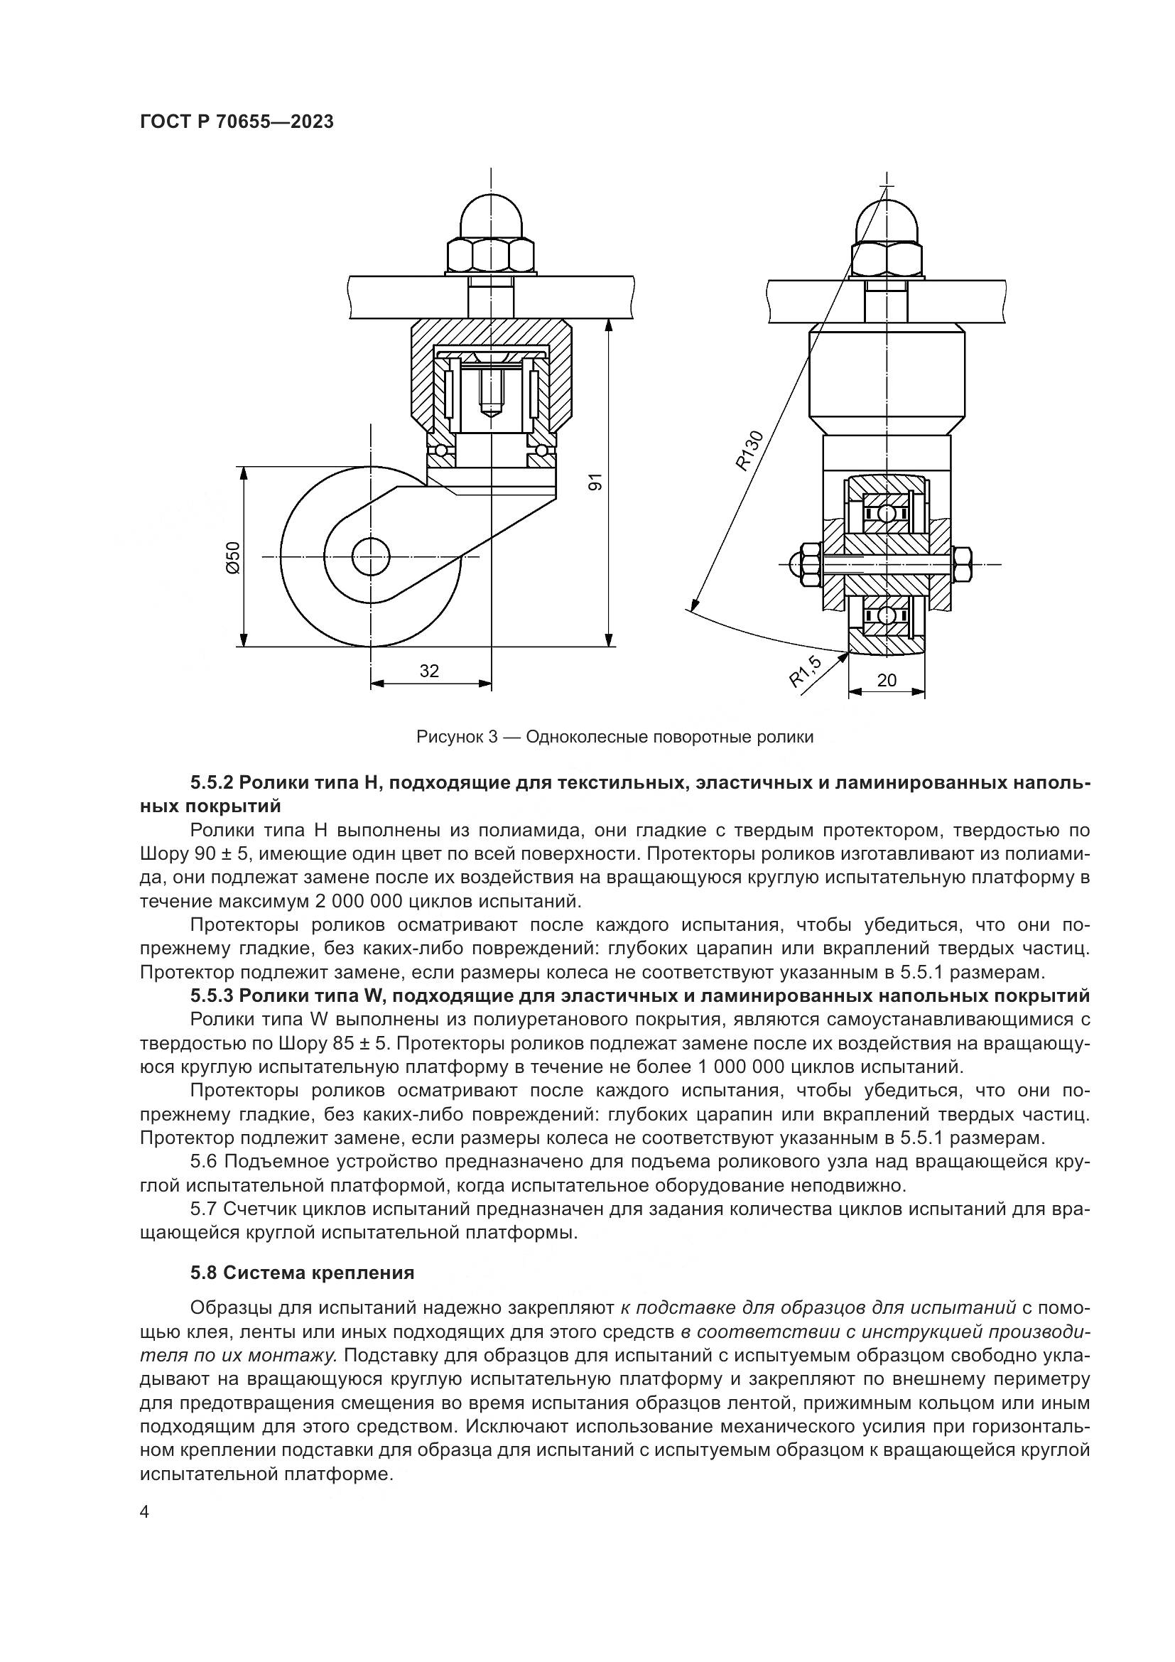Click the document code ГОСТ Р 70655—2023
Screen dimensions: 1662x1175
(237, 122)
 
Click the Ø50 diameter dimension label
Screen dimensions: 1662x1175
(233, 557)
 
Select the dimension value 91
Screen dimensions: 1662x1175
(595, 482)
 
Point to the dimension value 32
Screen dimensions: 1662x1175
(429, 671)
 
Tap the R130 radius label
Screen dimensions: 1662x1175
(749, 451)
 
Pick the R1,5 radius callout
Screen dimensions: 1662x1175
(805, 671)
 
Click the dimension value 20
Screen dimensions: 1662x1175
(887, 680)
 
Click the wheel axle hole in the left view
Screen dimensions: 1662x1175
(370, 556)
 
